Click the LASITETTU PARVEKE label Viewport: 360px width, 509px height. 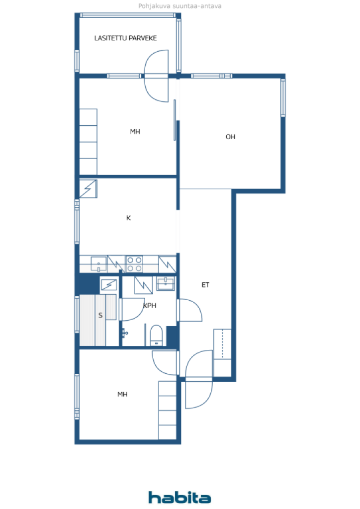[125, 38]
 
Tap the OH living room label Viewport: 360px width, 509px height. [230, 137]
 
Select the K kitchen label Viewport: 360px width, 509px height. [129, 218]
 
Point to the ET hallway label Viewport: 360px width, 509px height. [205, 285]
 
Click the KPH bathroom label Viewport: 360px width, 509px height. [150, 306]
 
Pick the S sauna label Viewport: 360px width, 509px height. [100, 315]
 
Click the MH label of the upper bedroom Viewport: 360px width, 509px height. [135, 132]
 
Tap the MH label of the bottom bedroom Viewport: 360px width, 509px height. [122, 394]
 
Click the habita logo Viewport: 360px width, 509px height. [180, 497]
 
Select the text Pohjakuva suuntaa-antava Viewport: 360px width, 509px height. [180, 6]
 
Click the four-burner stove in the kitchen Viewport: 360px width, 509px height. [134, 264]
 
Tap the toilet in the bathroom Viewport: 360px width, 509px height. [157, 336]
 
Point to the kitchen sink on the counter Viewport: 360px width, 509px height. [98, 264]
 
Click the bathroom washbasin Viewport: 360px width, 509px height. [166, 283]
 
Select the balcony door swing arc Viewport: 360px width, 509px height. [157, 76]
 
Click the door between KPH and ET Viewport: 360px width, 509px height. [190, 310]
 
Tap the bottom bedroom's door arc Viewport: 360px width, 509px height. [165, 363]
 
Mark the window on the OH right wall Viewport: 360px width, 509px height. [283, 98]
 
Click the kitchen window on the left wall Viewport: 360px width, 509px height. [77, 221]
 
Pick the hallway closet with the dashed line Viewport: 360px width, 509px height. [222, 353]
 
